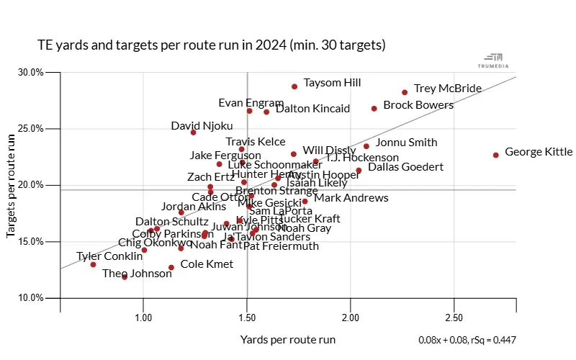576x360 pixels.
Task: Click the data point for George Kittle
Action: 496,155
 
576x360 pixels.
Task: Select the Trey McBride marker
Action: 405,92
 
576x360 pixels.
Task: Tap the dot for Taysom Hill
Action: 294,86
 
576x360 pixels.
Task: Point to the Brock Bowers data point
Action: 374,109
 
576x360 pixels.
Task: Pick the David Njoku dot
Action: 194,132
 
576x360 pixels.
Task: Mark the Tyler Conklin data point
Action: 94,264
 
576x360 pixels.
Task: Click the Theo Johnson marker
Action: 125,276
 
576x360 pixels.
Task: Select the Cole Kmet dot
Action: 171,267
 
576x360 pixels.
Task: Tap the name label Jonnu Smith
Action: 406,142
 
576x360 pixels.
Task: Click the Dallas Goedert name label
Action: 405,167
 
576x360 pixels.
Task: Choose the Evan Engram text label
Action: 246,102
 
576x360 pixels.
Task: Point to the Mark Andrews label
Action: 351,197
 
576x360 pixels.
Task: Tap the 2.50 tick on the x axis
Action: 454,318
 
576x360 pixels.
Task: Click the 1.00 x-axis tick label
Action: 143,318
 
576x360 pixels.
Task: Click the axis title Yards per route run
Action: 288,339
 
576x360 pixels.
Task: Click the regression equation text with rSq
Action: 467,340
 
